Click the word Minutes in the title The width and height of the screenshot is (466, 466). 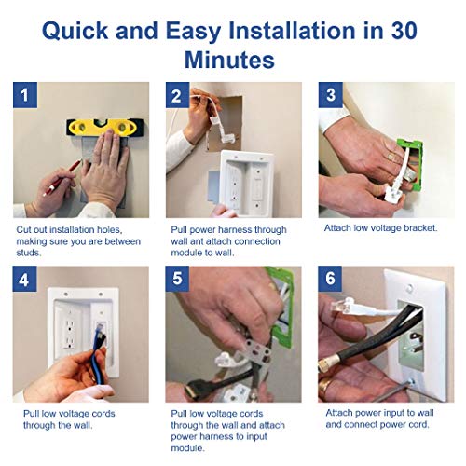[233, 61]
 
